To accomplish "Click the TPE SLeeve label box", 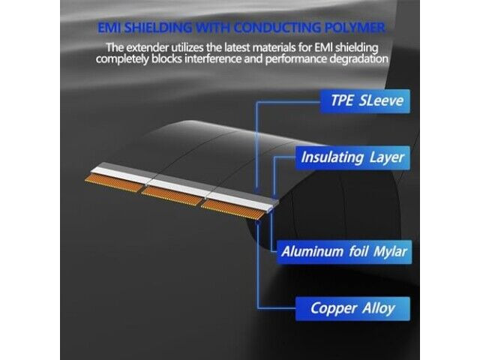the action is coord(365,101).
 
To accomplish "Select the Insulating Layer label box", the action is coord(352,157).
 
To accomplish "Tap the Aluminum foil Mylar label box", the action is coord(344,252).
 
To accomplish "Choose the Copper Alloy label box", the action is coord(352,308).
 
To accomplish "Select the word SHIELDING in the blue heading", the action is coord(158,28).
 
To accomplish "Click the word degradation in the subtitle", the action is coord(358,59).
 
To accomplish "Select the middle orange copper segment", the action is coord(172,196).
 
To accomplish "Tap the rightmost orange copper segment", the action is coord(233,209).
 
